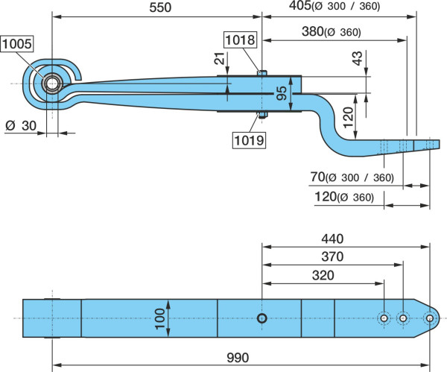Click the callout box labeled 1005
[x=17, y=44]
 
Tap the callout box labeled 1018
[x=240, y=40]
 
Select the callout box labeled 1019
[x=249, y=140]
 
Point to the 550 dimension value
[x=160, y=7]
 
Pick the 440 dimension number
[x=332, y=239]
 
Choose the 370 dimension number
[x=332, y=256]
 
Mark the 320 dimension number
[x=323, y=276]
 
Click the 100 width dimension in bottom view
[x=159, y=318]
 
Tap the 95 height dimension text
[x=282, y=93]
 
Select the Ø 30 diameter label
[x=21, y=125]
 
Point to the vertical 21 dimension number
[x=220, y=58]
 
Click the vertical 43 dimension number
[x=358, y=58]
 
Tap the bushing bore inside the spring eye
[x=52, y=83]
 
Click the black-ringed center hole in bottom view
[x=261, y=318]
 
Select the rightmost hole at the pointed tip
[x=429, y=318]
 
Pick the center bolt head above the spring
[x=261, y=73]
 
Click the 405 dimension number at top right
[x=300, y=5]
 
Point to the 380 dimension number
[x=313, y=31]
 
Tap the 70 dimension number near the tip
[x=317, y=177]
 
